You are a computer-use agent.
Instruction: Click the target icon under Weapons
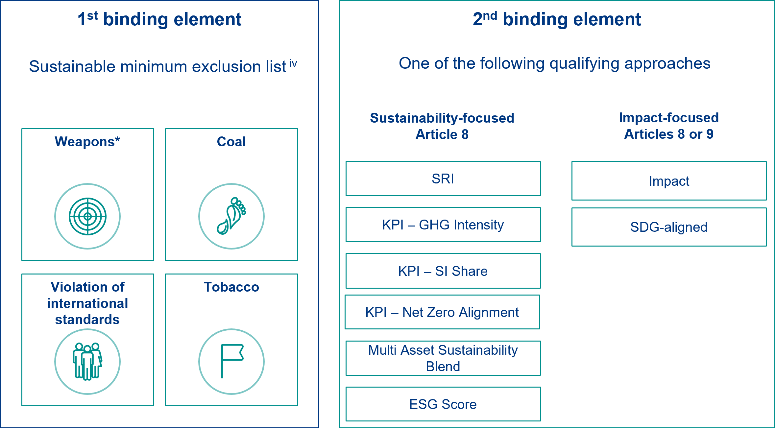click(87, 216)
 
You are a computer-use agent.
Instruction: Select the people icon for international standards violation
click(87, 362)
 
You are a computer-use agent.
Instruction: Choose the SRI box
click(443, 179)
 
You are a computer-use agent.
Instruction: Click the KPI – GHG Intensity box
click(443, 225)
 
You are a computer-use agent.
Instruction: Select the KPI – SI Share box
click(443, 271)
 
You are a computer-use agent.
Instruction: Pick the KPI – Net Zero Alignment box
click(442, 312)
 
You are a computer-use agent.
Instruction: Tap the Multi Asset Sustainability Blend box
click(443, 358)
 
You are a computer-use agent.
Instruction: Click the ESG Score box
click(443, 404)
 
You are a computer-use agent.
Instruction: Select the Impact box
click(669, 181)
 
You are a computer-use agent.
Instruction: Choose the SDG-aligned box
click(669, 227)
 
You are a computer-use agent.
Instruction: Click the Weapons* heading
click(87, 142)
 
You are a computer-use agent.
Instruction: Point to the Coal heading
click(231, 142)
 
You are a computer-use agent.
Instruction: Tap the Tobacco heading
click(231, 287)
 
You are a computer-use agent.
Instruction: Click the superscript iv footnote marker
click(293, 63)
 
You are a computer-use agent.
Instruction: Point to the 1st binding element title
click(159, 19)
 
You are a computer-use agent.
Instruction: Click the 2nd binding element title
click(557, 19)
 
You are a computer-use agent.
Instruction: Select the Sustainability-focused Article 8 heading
click(442, 126)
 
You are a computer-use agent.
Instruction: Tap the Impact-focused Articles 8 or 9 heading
click(669, 126)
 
